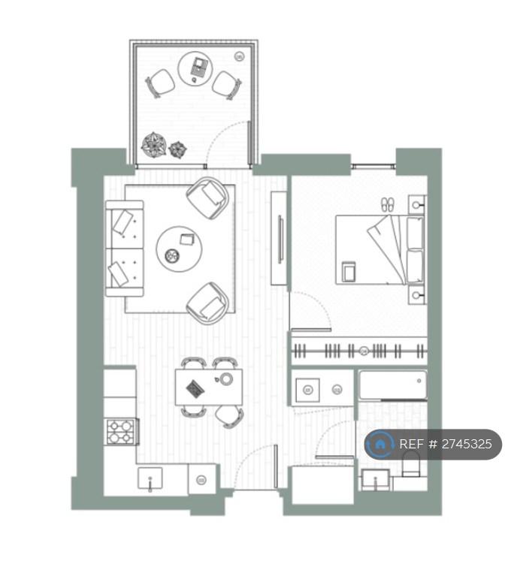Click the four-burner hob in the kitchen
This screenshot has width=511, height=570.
(121, 432)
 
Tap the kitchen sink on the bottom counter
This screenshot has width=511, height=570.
(150, 478)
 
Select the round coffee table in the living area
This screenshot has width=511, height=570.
(179, 249)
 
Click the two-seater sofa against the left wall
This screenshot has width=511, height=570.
(125, 249)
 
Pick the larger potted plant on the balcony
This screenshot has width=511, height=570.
(154, 145)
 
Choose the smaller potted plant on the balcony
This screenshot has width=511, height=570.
(178, 149)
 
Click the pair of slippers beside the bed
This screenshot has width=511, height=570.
(388, 205)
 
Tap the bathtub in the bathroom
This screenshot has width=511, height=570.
(393, 385)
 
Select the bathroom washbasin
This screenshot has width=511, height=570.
(376, 480)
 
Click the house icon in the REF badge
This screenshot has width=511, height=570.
(379, 444)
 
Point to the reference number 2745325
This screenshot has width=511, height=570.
(467, 444)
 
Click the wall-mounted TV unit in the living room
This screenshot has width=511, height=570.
(280, 239)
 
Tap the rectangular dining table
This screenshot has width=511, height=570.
(209, 388)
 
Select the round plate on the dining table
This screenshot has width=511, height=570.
(227, 378)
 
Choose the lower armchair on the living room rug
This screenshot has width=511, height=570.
(207, 303)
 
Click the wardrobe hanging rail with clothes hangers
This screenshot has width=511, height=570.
(359, 351)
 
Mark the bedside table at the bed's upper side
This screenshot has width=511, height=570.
(417, 204)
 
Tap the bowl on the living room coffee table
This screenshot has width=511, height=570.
(172, 256)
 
